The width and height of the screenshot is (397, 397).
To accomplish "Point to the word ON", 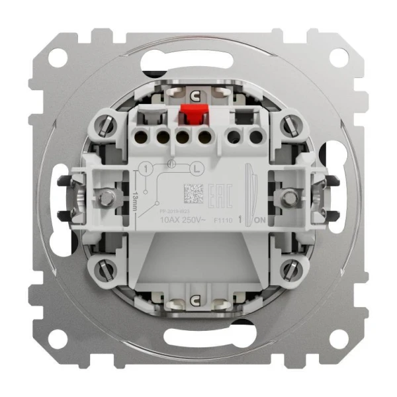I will [x=261, y=220].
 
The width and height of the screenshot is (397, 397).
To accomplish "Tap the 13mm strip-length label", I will [x=135, y=197].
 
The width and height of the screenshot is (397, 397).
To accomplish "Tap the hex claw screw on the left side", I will [x=105, y=196].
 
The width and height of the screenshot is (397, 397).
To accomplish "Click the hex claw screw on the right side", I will [x=289, y=197].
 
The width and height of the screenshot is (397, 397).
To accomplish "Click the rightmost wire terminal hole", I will [x=255, y=138].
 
